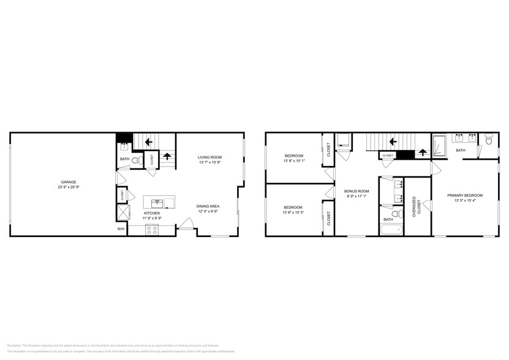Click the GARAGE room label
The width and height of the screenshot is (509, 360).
(x=68, y=182)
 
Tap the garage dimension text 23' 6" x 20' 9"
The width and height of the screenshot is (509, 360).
(x=68, y=187)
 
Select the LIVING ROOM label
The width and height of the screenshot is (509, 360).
(x=209, y=157)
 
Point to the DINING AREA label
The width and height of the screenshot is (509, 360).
(x=208, y=206)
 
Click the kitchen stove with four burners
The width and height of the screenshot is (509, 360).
(x=151, y=230)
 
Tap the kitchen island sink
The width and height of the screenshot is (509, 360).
(x=157, y=201)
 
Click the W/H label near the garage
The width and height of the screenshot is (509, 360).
(x=121, y=229)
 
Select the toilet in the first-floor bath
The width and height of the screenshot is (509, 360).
(x=136, y=160)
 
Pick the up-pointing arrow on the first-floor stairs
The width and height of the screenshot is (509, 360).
(x=166, y=156)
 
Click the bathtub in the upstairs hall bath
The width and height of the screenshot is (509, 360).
(x=390, y=230)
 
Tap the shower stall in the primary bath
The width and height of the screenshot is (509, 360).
(x=440, y=145)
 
